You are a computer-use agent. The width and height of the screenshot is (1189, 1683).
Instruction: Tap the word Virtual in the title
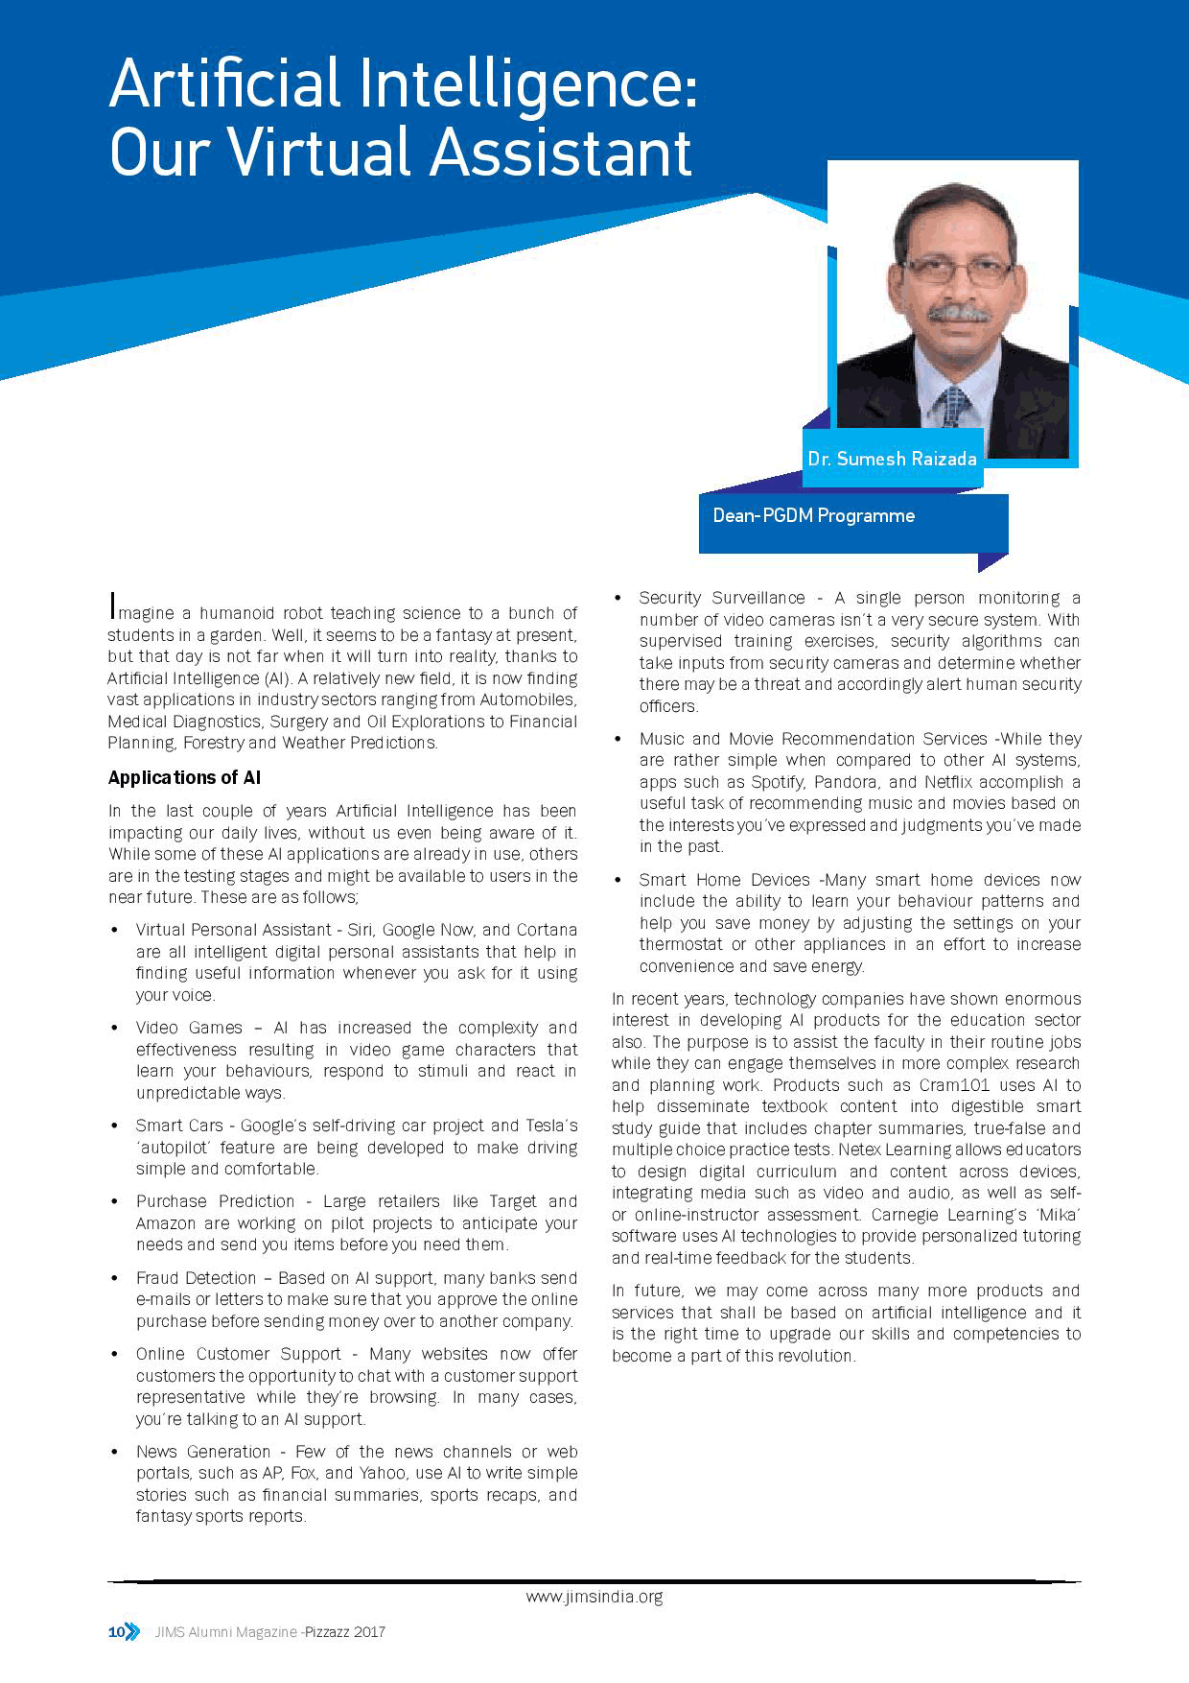[320, 152]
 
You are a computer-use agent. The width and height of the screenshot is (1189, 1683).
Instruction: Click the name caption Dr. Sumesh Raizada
[892, 459]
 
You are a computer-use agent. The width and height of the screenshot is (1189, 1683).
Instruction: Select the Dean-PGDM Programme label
[813, 515]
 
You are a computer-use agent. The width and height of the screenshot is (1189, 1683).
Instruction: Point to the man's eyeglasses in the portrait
[957, 270]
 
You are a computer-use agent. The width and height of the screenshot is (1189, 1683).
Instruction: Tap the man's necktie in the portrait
[954, 407]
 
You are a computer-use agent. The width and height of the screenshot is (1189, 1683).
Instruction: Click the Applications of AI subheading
[184, 777]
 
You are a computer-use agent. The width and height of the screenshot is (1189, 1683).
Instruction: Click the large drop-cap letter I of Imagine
[113, 606]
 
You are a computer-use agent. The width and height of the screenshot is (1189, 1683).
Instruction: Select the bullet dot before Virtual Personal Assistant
[115, 930]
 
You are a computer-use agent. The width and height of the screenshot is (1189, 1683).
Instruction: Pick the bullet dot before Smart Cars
[115, 1126]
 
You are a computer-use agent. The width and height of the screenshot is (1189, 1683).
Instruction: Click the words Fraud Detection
[196, 1278]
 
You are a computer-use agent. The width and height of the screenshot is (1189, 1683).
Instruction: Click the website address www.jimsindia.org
[594, 1597]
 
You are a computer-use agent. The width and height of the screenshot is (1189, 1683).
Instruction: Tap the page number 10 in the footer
[116, 1631]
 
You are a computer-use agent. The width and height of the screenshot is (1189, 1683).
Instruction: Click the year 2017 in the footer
[369, 1631]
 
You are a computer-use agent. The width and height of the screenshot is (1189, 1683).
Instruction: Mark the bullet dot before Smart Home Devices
[619, 880]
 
